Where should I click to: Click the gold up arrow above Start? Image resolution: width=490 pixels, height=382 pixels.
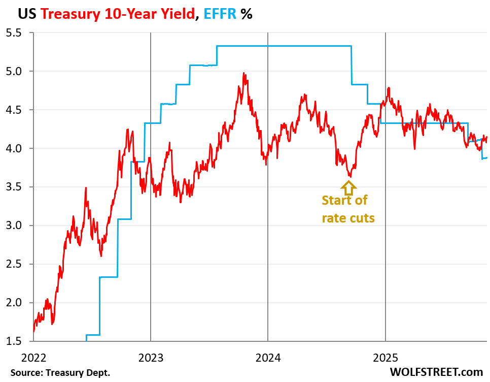click(x=348, y=188)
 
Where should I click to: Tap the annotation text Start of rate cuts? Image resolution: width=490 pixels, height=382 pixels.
click(x=348, y=209)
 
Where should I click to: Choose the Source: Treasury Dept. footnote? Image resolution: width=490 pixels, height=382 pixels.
click(x=60, y=373)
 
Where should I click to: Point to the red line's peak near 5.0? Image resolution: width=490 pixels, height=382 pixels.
click(x=244, y=73)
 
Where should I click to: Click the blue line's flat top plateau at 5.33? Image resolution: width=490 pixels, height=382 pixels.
click(x=284, y=46)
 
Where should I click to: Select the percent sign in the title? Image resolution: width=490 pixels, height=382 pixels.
click(x=247, y=14)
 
